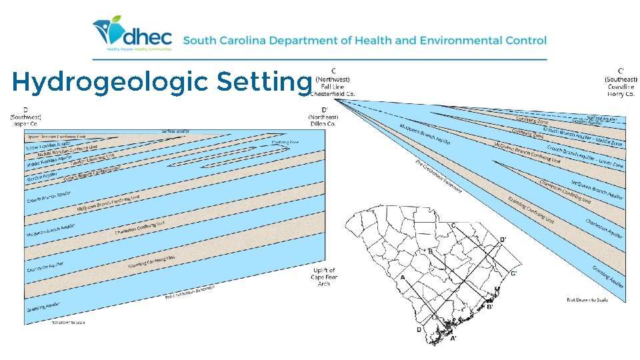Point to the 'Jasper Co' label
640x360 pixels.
pyautogui.click(x=25, y=123)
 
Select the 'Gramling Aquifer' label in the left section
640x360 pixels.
pyautogui.click(x=43, y=307)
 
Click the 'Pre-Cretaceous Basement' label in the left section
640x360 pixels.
pyautogui.click(x=190, y=291)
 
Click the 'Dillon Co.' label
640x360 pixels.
pyautogui.click(x=324, y=123)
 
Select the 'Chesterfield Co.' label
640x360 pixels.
pyautogui.click(x=332, y=94)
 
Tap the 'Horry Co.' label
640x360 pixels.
pyautogui.click(x=621, y=94)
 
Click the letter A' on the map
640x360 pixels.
pyautogui.click(x=453, y=339)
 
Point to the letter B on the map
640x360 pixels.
pyautogui.click(x=431, y=251)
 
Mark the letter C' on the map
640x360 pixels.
pyautogui.click(x=513, y=273)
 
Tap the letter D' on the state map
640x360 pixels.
pyautogui.click(x=503, y=239)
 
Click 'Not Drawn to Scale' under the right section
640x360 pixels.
pyautogui.click(x=587, y=299)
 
